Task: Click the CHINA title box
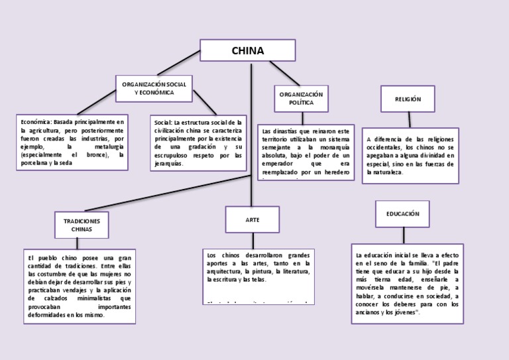coord(247,51)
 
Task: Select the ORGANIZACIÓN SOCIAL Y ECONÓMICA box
coord(154,88)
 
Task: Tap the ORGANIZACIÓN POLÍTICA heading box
coord(301,99)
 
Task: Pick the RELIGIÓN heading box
coord(408,99)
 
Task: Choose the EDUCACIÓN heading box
coord(402,213)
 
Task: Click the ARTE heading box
coord(252,219)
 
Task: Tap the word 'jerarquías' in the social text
coord(168,163)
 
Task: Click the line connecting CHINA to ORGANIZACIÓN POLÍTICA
coord(284,72)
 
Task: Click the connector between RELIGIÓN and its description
coord(410,120)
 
